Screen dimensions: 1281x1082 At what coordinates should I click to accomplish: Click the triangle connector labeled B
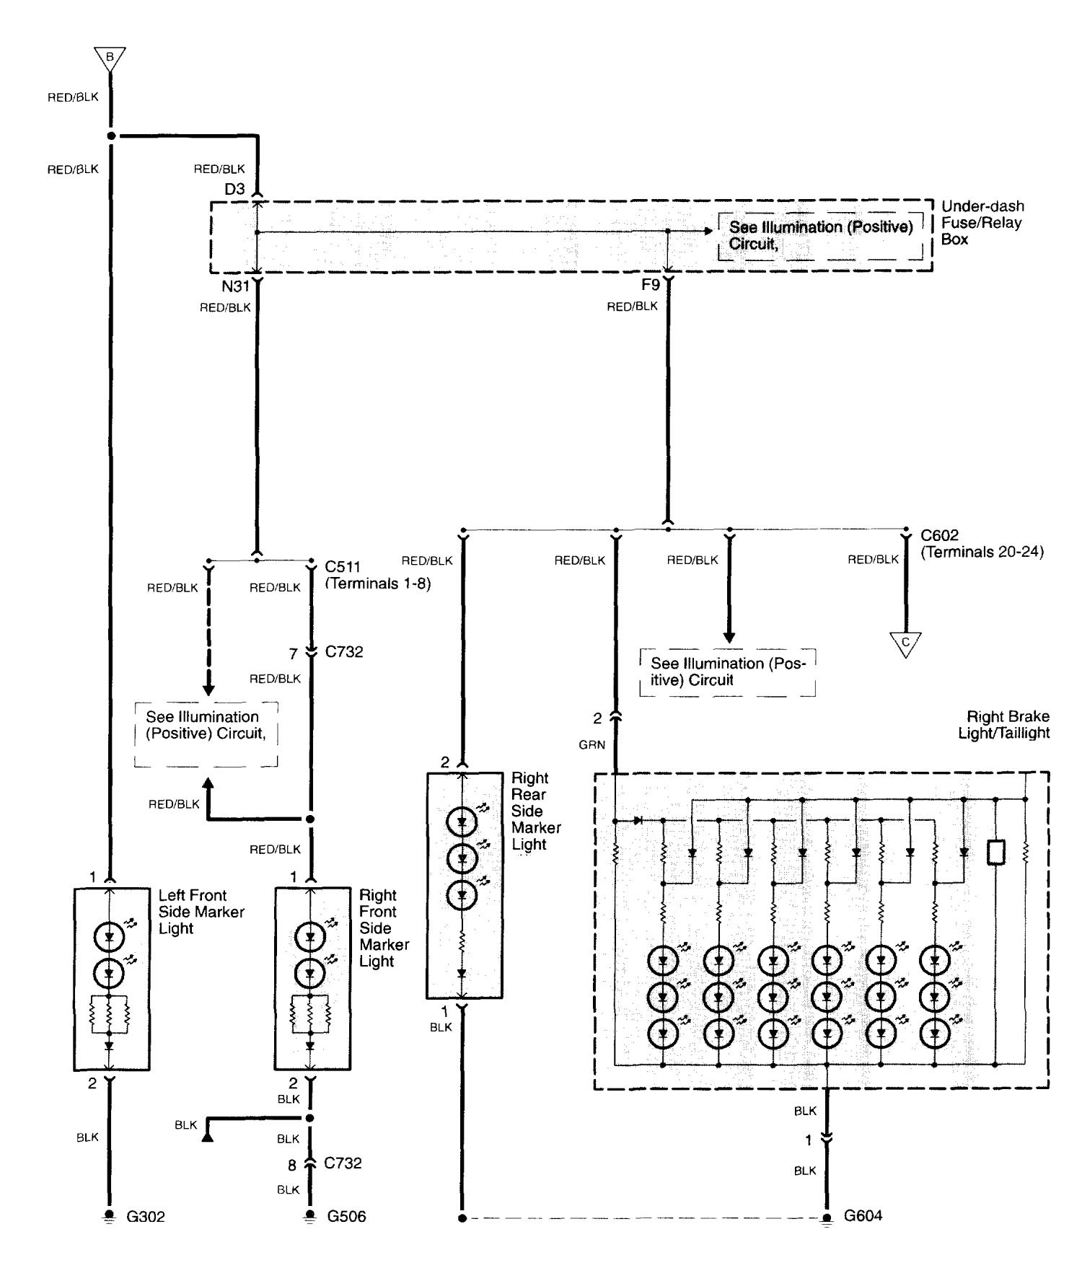click(x=110, y=57)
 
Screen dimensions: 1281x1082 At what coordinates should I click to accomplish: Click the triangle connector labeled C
click(x=905, y=643)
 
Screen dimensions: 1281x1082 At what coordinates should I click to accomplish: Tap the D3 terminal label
click(x=234, y=190)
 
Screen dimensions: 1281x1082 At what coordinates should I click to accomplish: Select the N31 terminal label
click(x=235, y=286)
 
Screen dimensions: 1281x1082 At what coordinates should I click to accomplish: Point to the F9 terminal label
click(x=650, y=285)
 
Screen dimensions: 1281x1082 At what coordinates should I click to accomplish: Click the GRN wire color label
click(x=591, y=745)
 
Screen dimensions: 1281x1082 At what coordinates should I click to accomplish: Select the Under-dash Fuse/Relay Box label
click(x=982, y=223)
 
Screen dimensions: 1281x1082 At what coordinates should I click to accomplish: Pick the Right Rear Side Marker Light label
click(x=535, y=811)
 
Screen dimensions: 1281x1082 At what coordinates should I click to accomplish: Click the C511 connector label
click(x=343, y=567)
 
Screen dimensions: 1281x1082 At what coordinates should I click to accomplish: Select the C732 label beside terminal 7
click(x=344, y=652)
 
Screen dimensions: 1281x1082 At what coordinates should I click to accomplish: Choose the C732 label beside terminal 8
click(x=343, y=1163)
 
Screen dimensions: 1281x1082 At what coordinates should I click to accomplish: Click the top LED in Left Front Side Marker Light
click(x=110, y=937)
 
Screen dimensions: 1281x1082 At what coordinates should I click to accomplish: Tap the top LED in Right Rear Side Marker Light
click(x=462, y=821)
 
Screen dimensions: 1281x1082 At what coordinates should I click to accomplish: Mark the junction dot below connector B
click(x=110, y=136)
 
